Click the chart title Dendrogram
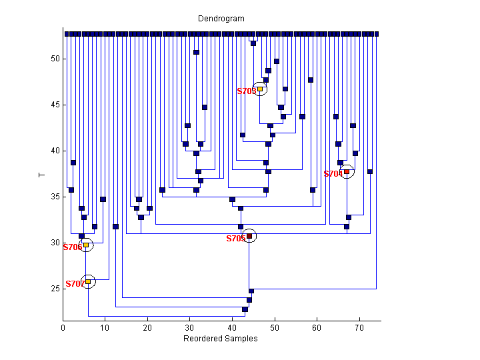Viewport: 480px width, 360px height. coord(221,19)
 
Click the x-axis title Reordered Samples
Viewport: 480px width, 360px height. coord(221,339)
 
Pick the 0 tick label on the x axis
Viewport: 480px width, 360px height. coord(63,327)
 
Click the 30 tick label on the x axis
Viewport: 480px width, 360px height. coord(190,327)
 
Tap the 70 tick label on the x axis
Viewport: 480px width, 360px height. coord(359,327)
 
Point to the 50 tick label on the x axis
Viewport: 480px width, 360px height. coord(275,327)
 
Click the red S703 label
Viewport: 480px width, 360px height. coord(246,91)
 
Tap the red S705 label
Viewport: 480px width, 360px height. coord(235,239)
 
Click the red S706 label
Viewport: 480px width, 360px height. coord(72,247)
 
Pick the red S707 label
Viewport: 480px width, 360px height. coord(74,284)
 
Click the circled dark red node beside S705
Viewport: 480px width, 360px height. coord(249,236)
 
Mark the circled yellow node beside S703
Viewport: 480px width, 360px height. coord(260,89)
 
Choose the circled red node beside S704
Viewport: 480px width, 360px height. coord(347,171)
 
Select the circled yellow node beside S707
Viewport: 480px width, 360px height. coord(88,281)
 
